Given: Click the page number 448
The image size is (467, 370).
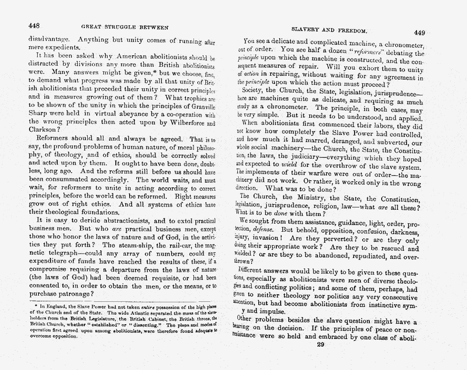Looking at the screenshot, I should click(x=34, y=25).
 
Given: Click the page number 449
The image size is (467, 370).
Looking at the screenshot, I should click(x=419, y=32).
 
